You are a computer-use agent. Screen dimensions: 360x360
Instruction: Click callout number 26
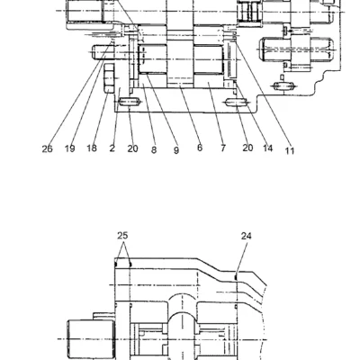click(47, 148)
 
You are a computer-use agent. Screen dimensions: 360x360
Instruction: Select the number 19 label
click(70, 148)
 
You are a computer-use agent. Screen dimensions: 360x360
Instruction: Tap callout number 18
click(92, 148)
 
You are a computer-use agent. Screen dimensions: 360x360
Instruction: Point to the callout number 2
click(112, 148)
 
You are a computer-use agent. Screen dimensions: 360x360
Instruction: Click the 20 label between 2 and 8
click(132, 148)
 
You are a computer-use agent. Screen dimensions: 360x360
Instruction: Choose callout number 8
click(154, 149)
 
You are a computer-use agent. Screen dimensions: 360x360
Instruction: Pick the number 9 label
click(176, 150)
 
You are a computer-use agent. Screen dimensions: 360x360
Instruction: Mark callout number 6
click(200, 148)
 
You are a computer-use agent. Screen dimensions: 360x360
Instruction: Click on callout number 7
click(223, 148)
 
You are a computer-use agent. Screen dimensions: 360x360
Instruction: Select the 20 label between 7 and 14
click(247, 148)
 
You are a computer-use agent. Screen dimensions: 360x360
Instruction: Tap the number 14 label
click(268, 148)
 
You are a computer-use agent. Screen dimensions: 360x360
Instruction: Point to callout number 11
click(289, 150)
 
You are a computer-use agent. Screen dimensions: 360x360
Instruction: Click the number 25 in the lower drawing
click(122, 236)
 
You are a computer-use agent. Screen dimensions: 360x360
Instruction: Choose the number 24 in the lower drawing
click(247, 237)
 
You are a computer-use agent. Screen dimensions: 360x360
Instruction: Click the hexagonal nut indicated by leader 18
click(109, 78)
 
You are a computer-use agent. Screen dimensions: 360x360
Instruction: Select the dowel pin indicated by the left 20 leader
click(129, 102)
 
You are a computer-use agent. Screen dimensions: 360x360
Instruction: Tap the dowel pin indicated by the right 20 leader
click(237, 103)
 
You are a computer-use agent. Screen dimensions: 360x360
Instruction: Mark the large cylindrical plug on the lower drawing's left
click(91, 339)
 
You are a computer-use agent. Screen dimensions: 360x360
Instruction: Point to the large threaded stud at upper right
click(297, 49)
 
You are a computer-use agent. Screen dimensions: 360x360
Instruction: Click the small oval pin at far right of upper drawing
click(283, 86)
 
